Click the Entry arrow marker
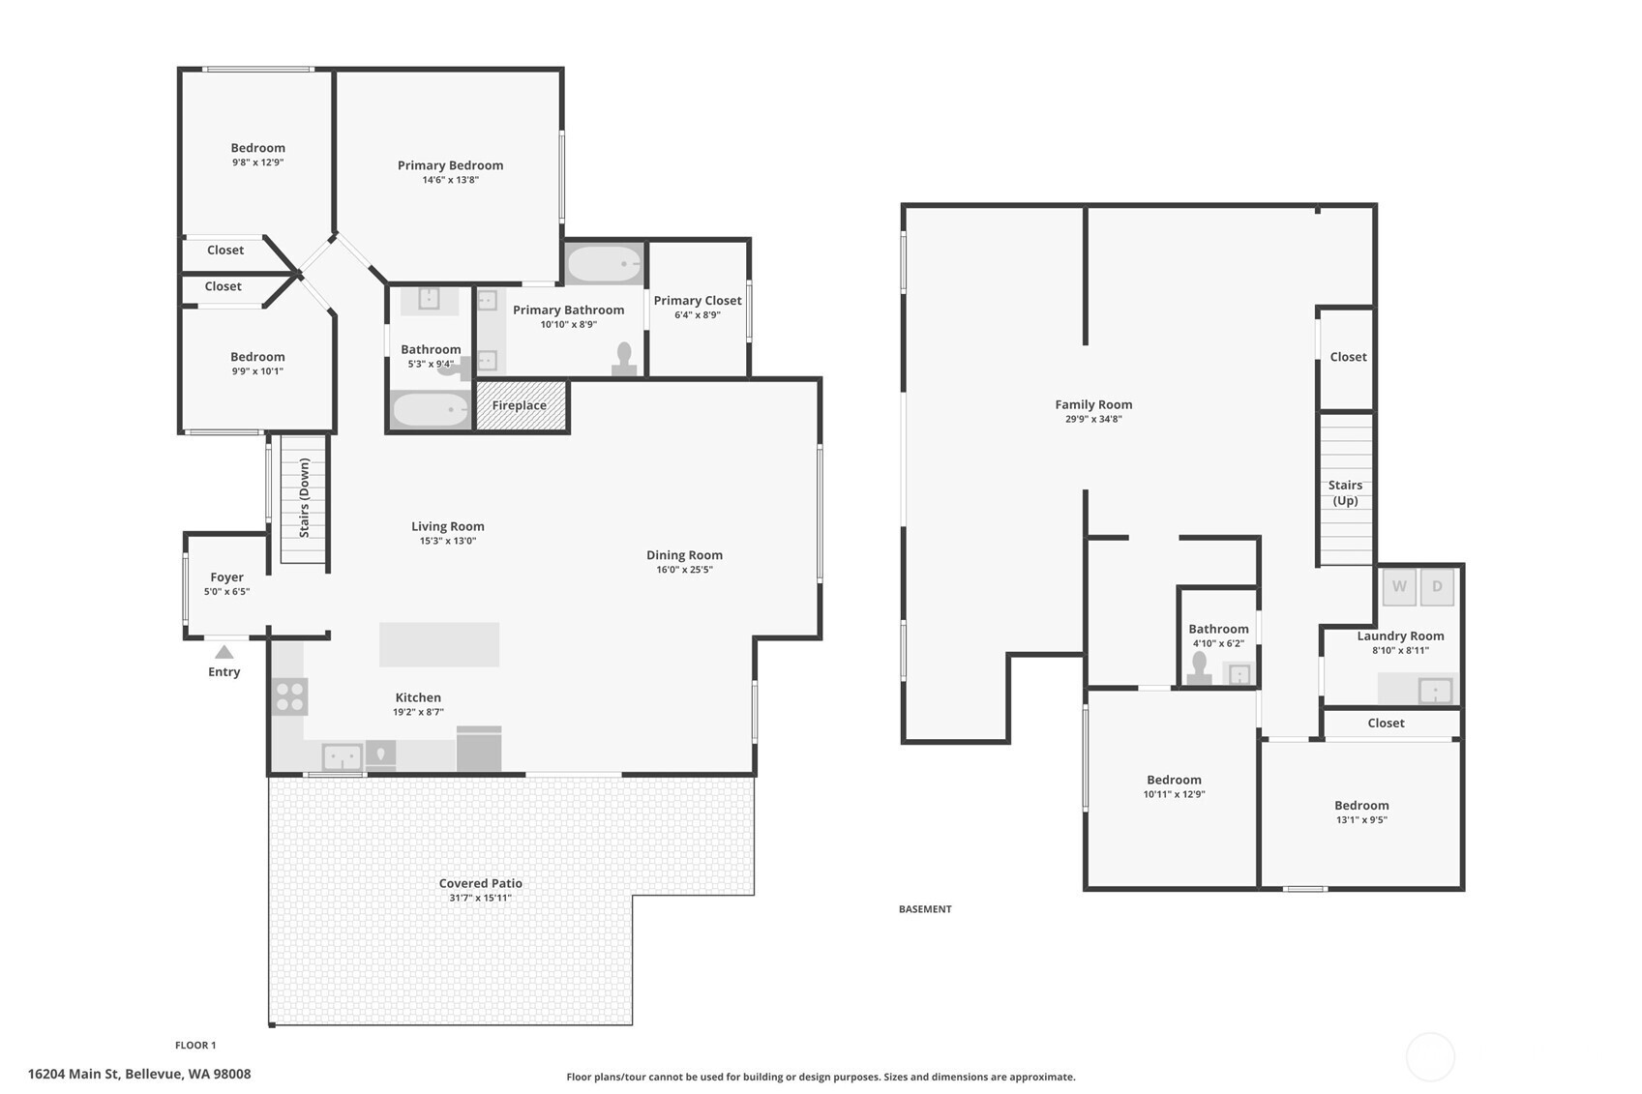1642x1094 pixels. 224,651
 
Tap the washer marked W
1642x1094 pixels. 1398,586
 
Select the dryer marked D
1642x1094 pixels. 1437,586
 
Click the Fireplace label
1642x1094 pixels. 519,405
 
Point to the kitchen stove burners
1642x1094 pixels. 289,696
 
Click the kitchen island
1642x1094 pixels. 439,644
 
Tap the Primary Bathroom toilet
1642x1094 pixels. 624,359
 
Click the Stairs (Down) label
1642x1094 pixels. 304,497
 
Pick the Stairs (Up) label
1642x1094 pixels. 1345,492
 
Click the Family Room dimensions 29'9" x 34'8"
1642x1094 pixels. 1093,419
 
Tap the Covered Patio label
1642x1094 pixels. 480,883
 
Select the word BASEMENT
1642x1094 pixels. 925,908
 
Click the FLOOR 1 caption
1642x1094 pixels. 195,1045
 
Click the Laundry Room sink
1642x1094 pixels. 1435,691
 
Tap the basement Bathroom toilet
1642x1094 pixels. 1199,668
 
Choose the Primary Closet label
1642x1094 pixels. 697,301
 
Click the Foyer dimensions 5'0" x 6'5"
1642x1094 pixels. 226,591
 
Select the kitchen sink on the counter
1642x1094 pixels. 343,757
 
